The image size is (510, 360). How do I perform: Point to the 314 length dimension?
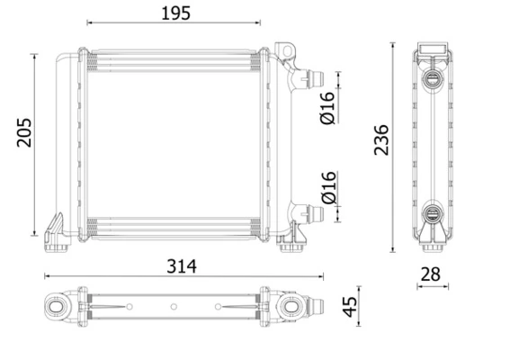point(181,266)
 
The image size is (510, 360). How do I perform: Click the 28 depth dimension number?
point(433,274)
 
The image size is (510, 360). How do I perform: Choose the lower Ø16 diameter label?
point(327,186)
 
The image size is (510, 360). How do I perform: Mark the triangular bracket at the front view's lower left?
point(54,224)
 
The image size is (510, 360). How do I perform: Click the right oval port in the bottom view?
point(292,308)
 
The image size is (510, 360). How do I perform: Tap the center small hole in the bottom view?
point(174,308)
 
